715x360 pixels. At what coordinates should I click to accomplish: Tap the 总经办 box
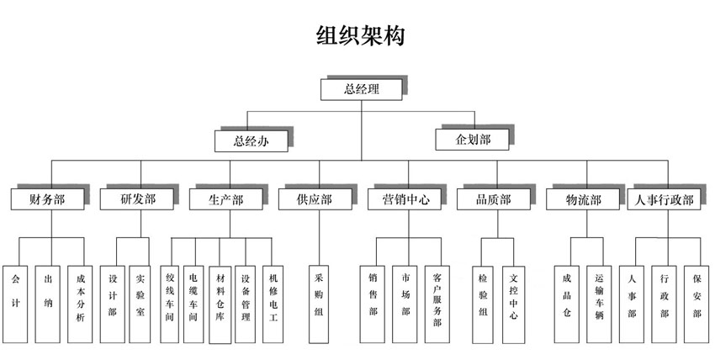[x=251, y=140]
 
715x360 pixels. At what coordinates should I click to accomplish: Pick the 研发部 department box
[x=136, y=199]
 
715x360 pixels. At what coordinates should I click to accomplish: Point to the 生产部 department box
[x=225, y=199]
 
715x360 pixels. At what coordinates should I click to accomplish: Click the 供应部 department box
[x=315, y=199]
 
